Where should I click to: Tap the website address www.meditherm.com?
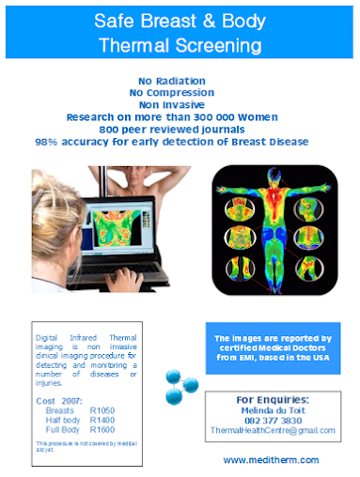(x=271, y=460)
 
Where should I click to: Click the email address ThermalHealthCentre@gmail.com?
(x=272, y=430)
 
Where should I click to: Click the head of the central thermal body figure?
(x=270, y=181)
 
